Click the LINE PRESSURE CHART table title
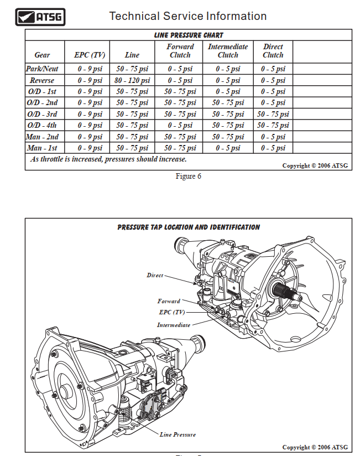189,35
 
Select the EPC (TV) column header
90,55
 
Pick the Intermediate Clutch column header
228,50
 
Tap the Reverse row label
42,80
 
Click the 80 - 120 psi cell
132,80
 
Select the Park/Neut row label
42,69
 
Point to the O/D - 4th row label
42,126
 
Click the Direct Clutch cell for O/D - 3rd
273,114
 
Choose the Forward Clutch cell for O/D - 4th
180,126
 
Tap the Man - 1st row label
42,148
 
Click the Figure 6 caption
188,176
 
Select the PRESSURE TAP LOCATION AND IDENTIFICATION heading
189,227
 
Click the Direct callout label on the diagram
155,275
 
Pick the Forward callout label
169,301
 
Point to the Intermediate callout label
174,325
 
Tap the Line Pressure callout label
178,434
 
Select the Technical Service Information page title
188,16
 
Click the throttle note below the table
108,159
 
